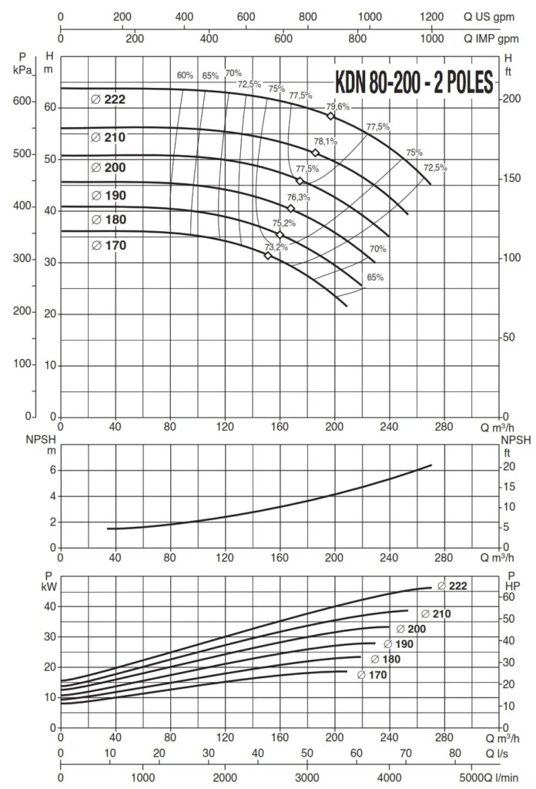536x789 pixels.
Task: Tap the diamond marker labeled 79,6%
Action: click(x=331, y=116)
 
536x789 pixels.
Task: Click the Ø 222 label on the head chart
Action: click(x=107, y=99)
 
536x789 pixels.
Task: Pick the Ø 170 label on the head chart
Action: click(x=107, y=245)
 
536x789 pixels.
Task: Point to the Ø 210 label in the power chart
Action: click(x=434, y=613)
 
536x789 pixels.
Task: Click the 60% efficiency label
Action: click(x=185, y=76)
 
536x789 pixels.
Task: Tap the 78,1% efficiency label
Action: click(x=325, y=142)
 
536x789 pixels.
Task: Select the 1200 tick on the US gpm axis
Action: click(x=433, y=15)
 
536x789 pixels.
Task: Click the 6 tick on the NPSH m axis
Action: click(x=54, y=469)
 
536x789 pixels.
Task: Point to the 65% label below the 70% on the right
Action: click(x=374, y=277)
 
